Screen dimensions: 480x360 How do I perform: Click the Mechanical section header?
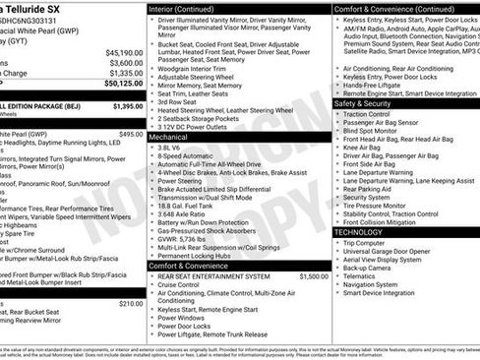[174, 139]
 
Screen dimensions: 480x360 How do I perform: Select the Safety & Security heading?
[363, 102]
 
